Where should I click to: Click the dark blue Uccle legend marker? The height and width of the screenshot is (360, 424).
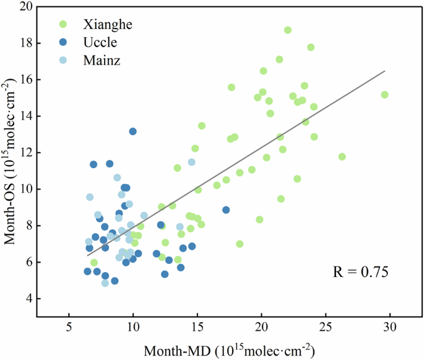[x=62, y=42]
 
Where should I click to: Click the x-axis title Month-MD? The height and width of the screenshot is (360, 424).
[x=230, y=350]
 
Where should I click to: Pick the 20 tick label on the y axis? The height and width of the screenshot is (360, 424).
[x=25, y=7]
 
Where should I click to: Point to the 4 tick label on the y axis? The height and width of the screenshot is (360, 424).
[x=28, y=299]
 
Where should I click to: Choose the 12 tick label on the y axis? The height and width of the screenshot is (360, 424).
[x=25, y=152]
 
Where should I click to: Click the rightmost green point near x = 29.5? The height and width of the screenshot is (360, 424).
[x=384, y=95]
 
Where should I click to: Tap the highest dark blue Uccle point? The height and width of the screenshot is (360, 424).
[x=132, y=131]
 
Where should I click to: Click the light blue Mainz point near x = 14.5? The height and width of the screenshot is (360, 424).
[x=192, y=162]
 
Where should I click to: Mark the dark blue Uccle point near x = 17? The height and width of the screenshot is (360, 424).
[x=226, y=210]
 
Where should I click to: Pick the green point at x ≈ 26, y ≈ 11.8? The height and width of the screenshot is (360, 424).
[x=342, y=157]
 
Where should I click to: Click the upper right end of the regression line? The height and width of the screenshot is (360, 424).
[x=384, y=71]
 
